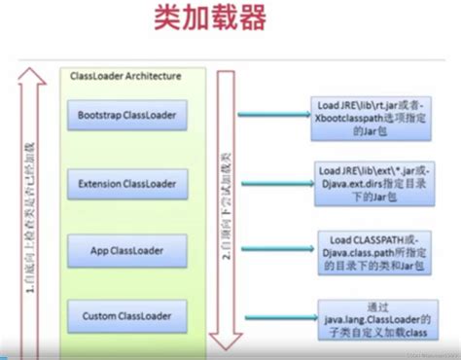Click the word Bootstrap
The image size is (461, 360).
(x=101, y=115)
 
